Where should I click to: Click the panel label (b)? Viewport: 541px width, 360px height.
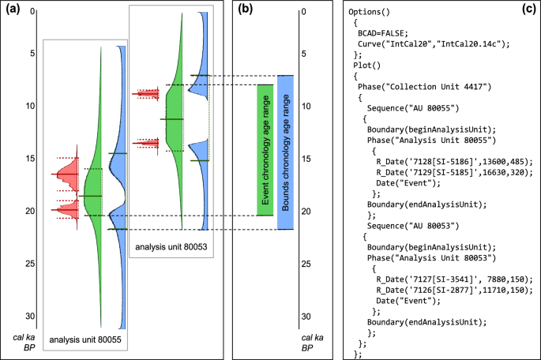(x=245, y=10)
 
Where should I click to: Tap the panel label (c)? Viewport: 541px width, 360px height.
(x=526, y=10)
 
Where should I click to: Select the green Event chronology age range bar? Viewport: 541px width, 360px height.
(x=265, y=150)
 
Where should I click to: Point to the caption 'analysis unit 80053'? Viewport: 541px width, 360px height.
(x=171, y=246)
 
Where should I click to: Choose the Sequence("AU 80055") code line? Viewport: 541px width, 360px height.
(x=411, y=108)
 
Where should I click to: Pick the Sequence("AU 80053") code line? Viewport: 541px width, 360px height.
(x=411, y=225)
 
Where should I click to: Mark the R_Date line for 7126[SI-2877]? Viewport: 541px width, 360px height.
(x=454, y=290)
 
